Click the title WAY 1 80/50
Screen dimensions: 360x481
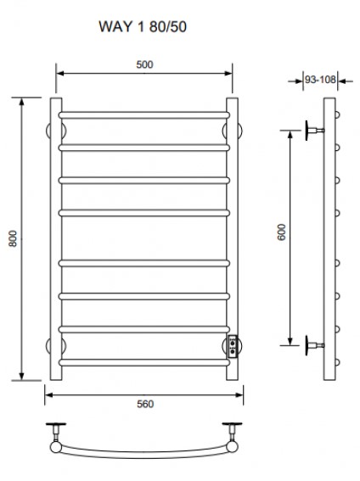click(x=143, y=26)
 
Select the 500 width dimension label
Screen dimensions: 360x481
click(x=144, y=64)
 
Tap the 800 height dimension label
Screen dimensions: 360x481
click(x=13, y=238)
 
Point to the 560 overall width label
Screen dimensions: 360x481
click(x=145, y=404)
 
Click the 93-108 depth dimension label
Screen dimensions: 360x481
click(x=320, y=80)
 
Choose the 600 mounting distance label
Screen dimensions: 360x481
click(x=281, y=232)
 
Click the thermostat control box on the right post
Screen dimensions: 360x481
click(x=233, y=346)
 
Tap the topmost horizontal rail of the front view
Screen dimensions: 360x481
click(x=144, y=115)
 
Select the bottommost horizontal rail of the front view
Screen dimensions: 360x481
click(x=144, y=362)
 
